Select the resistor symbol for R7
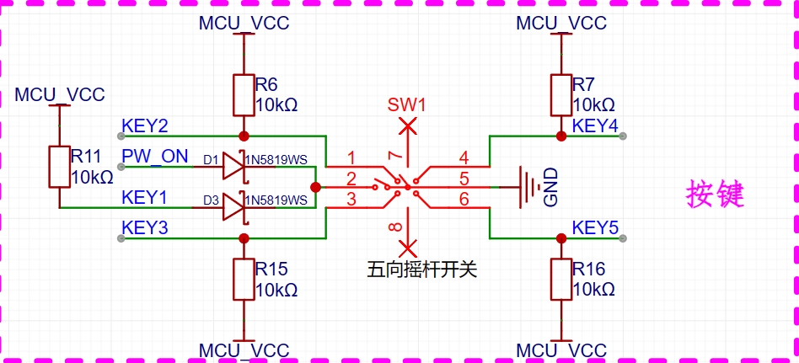561,95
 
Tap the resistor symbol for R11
60,167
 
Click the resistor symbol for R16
561,280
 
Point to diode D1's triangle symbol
233,167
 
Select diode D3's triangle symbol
233,208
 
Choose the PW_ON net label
155,156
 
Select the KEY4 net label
595,125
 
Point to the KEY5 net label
595,227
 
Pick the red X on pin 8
407,248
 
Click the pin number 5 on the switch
464,179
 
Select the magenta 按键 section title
715,195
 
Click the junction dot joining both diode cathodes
315,187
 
